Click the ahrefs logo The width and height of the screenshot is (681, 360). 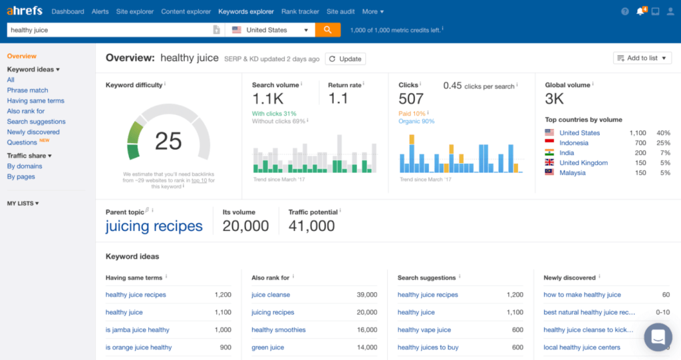[x=25, y=11]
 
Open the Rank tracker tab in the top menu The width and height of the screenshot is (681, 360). [x=300, y=11]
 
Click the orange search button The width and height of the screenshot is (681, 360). [x=328, y=30]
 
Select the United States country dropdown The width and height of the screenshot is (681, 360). [x=271, y=30]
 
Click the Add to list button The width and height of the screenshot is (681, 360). [x=642, y=58]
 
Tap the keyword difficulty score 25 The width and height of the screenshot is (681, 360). [x=168, y=141]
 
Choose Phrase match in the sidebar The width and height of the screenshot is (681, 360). [x=27, y=90]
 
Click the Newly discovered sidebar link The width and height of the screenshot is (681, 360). [x=33, y=132]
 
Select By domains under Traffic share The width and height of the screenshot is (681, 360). [x=25, y=166]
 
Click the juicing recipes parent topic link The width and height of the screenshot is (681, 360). [x=154, y=226]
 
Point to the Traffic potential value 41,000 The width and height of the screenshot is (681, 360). [x=311, y=226]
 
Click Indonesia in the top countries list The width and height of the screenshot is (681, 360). [x=573, y=143]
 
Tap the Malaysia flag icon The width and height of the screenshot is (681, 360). [x=549, y=172]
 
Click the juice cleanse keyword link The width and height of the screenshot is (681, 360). [x=271, y=295]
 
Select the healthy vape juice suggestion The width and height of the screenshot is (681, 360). [x=424, y=329]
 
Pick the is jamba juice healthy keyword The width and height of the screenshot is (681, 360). [x=137, y=329]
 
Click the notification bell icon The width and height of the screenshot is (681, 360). [x=640, y=11]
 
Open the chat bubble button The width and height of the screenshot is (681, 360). [x=658, y=337]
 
